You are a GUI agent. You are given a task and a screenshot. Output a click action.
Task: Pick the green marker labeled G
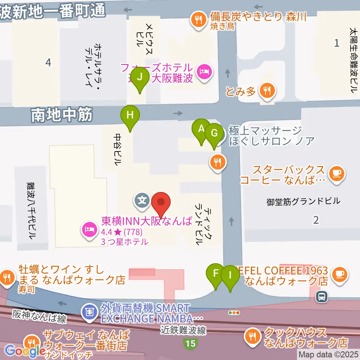pyautogui.click(x=214, y=133)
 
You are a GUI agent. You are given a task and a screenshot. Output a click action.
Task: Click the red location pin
pyautogui.click(x=161, y=203)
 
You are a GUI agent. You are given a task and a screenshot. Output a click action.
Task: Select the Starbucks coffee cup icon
pyautogui.click(x=336, y=173)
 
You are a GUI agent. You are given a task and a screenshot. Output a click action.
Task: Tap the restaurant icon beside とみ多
pyautogui.click(x=267, y=90)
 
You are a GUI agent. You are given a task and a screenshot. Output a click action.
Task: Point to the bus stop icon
pyautogui.click(x=322, y=297)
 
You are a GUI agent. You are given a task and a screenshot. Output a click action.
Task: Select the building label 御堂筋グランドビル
pyautogui.click(x=303, y=201)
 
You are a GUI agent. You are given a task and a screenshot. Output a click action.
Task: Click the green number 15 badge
pyautogui.click(x=190, y=343)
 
